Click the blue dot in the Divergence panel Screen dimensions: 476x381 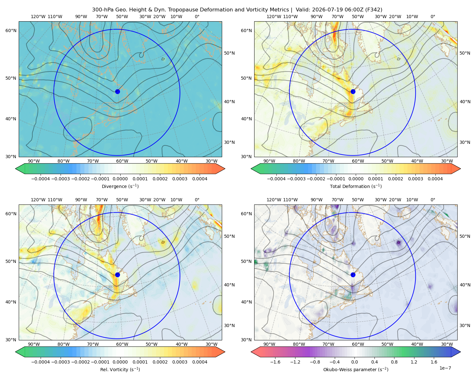pyautogui.click(x=117, y=91)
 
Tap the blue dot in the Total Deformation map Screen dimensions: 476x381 pyautogui.click(x=353, y=91)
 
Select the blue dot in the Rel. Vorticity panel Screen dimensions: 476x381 pyautogui.click(x=117, y=275)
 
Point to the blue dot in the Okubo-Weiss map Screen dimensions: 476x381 pyautogui.click(x=353, y=275)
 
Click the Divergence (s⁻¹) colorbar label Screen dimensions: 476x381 pyautogui.click(x=120, y=186)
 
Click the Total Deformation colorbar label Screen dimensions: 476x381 pyautogui.click(x=356, y=186)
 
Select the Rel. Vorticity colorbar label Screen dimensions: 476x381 pyautogui.click(x=120, y=369)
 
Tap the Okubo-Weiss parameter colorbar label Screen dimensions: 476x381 pyautogui.click(x=356, y=369)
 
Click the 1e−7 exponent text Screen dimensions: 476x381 pyautogui.click(x=445, y=368)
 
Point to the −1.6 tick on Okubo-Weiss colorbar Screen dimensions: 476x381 pyautogui.click(x=275, y=362)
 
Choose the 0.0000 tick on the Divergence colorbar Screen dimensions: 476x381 pyautogui.click(x=120, y=179)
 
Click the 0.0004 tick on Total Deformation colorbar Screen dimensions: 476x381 pyautogui.click(x=435, y=179)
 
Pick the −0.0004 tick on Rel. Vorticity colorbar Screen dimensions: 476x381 pyautogui.click(x=41, y=362)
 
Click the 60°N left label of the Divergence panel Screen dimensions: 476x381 pyautogui.click(x=11, y=30)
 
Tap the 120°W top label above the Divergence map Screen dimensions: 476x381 pyautogui.click(x=38, y=17)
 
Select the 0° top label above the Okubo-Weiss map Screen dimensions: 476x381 pyautogui.click(x=433, y=200)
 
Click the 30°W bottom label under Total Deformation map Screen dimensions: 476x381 pyautogui.click(x=447, y=161)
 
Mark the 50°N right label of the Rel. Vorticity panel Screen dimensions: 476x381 pyautogui.click(x=229, y=236)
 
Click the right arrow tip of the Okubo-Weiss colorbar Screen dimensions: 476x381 pyautogui.click(x=460, y=352)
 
